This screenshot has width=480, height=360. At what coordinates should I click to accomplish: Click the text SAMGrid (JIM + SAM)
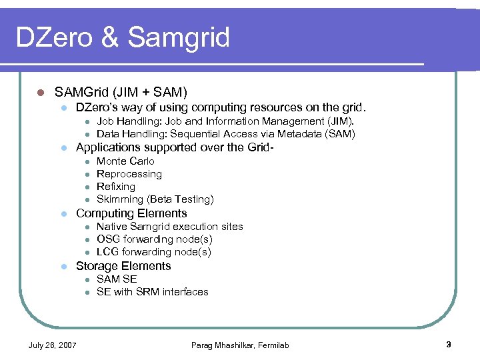121,91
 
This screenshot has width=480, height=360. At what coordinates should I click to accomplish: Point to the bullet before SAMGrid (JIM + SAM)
40,92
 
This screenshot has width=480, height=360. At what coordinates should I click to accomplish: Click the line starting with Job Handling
225,121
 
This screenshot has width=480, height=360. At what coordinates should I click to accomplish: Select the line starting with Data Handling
225,134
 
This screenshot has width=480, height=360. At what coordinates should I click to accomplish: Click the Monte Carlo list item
125,161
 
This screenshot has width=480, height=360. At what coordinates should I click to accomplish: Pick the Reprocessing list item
129,174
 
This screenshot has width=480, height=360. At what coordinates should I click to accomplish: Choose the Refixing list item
116,187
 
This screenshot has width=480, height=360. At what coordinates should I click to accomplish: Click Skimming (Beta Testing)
155,199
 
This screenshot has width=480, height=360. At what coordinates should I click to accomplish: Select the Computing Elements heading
131,213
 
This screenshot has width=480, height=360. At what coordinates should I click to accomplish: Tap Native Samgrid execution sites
170,227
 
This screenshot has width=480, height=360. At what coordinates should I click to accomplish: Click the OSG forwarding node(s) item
155,239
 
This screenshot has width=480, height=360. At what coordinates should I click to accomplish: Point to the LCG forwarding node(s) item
154,252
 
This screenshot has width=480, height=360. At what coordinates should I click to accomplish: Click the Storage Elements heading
123,266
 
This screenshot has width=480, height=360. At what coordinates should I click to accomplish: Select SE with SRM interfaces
153,292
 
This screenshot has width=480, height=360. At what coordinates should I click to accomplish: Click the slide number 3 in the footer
449,345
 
